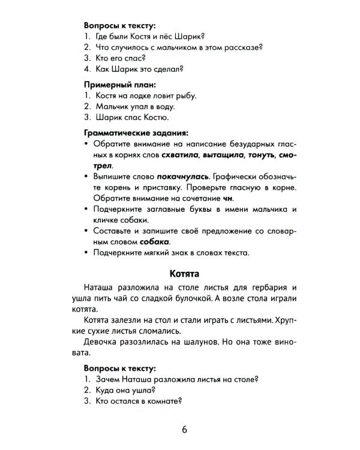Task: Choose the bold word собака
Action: coord(154,242)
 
